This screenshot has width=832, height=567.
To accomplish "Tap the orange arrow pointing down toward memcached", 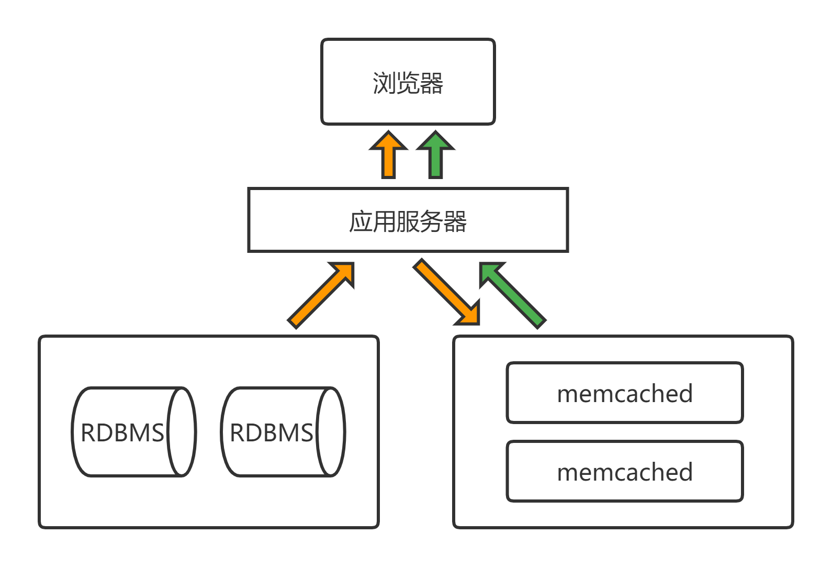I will pos(446,291).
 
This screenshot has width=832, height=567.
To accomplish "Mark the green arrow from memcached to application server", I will pos(512,295).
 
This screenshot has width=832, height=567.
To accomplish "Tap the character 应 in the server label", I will pos(361,221).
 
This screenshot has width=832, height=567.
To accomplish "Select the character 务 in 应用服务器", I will pos(431,221).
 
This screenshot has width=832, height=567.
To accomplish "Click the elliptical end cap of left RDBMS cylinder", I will pos(182,432).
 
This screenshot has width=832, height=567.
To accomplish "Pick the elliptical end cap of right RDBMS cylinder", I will pos(331,432).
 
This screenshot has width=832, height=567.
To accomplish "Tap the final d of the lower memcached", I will pos(685,472).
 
